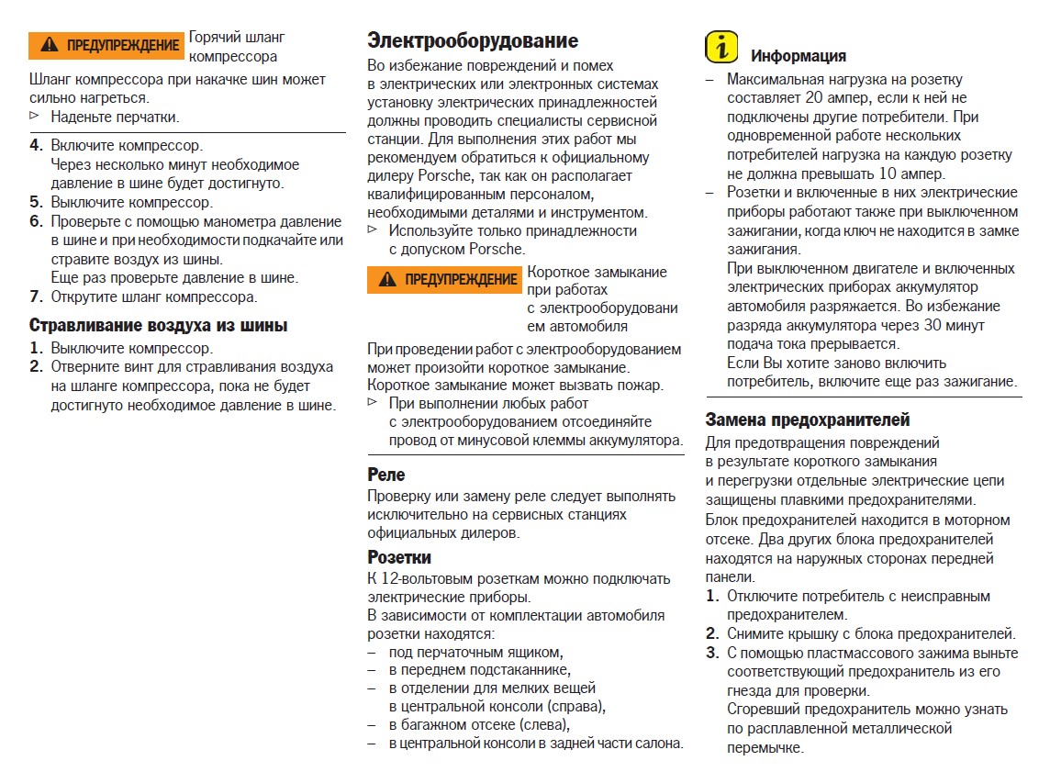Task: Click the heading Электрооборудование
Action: pos(473,40)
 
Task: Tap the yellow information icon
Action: pos(721,48)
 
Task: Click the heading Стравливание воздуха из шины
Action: pos(159,326)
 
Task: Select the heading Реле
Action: pos(386,475)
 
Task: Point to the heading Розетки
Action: pos(399,557)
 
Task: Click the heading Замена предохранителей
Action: pos(808,420)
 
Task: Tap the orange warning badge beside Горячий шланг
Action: pos(106,45)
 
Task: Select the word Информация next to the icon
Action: pos(799,56)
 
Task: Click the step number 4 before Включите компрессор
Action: pos(36,145)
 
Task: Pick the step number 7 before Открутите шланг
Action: pos(36,296)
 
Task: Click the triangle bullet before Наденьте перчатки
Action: pos(35,117)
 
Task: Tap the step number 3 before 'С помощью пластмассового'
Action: pos(712,654)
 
